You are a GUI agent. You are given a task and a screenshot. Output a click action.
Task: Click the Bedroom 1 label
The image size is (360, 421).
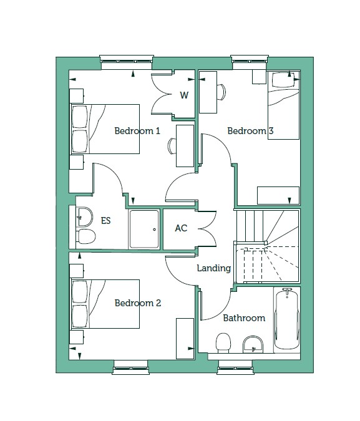pyautogui.click(x=137, y=131)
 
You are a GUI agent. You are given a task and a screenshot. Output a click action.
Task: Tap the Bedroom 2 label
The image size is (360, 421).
pyautogui.click(x=137, y=303)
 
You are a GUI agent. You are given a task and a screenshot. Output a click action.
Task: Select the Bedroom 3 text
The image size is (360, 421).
pyautogui.click(x=250, y=131)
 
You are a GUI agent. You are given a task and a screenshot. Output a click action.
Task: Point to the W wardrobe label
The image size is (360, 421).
pyautogui.click(x=184, y=95)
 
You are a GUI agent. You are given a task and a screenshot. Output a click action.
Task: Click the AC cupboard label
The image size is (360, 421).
pyautogui.click(x=181, y=228)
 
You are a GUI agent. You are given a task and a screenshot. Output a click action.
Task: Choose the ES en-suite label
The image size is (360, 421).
pyautogui.click(x=105, y=221)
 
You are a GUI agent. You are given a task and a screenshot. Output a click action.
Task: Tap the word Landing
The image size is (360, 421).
pyautogui.click(x=214, y=268)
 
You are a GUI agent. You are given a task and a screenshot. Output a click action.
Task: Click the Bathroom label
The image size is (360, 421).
pyautogui.click(x=244, y=318)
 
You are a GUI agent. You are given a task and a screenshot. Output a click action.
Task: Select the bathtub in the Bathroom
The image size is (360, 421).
pyautogui.click(x=287, y=319)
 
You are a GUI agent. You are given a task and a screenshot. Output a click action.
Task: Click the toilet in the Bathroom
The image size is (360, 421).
pyautogui.click(x=223, y=343)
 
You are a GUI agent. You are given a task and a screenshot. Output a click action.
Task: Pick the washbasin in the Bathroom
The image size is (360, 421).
pyautogui.click(x=253, y=344)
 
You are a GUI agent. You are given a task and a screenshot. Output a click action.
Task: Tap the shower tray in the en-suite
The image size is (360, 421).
pyautogui.click(x=144, y=230)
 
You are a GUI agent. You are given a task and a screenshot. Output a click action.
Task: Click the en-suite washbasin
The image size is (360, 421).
pyautogui.click(x=84, y=217)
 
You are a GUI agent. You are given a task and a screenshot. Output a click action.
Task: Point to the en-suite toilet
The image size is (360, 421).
pyautogui.click(x=86, y=236)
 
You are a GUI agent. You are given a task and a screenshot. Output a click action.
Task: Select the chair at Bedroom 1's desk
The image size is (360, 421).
pyautogui.click(x=172, y=146)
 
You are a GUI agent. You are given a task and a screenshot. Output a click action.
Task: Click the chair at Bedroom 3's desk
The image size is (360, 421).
pyautogui.click(x=221, y=92)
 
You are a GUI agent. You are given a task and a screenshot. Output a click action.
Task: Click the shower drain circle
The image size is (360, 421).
pyautogui.click(x=155, y=230)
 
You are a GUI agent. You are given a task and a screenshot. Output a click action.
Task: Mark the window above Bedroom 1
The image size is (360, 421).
pyautogui.click(x=126, y=60)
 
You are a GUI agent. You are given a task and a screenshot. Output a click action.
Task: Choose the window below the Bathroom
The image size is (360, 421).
pyautogui.click(x=236, y=367)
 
